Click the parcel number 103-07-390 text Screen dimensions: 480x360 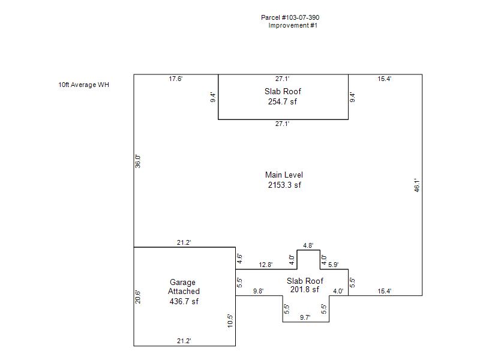tap(290, 17)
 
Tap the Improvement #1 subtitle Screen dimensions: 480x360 tap(293, 25)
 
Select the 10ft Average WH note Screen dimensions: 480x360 tap(83, 85)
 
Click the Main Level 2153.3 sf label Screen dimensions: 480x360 tap(284, 179)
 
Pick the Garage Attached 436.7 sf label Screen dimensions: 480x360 tap(184, 292)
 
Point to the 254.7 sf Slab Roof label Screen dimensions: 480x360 tap(283, 97)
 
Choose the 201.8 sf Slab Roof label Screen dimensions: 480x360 tap(305, 285)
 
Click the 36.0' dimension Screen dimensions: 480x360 tap(138, 161)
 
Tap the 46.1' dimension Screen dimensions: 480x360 tap(417, 185)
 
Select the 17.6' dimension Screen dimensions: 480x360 tap(175, 79)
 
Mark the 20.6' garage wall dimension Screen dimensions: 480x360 tap(138, 296)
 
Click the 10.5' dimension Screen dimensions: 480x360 tap(230, 321)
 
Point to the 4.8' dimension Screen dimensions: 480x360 tap(308, 245)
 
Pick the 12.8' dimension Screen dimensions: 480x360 tap(265, 265)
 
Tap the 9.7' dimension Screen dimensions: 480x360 tap(305, 317)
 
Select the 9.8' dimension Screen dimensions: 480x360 tap(259, 291)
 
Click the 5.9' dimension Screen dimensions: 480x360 tap(334, 265)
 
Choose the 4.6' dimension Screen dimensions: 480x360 tap(239, 259)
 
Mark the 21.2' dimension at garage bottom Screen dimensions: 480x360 tap(184, 341)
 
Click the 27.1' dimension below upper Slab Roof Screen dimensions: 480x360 tap(282, 124)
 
